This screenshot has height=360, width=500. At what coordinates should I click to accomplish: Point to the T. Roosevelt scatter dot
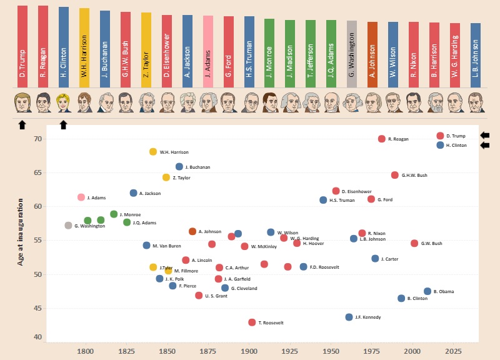pos(252,322)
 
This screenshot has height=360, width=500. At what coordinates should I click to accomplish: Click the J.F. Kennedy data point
pos(349,317)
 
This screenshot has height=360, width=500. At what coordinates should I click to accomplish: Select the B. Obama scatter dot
pos(427,291)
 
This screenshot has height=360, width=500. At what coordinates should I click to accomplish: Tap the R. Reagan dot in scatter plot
pos(382,139)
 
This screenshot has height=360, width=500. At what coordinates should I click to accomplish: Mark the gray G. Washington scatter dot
pos(68,226)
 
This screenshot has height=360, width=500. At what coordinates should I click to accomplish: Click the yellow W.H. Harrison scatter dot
pos(153,152)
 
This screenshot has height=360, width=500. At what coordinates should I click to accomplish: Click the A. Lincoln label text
pos(202,261)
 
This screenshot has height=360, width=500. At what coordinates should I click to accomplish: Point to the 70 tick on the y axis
pos(37,139)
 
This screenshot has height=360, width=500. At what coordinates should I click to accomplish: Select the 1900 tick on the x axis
pos(249,352)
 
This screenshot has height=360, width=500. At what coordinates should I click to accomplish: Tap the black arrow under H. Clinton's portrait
pos(63,125)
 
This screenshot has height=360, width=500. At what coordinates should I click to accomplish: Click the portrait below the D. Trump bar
pos(22,102)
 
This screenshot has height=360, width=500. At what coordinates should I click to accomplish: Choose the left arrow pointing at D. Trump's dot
pos(485,136)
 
